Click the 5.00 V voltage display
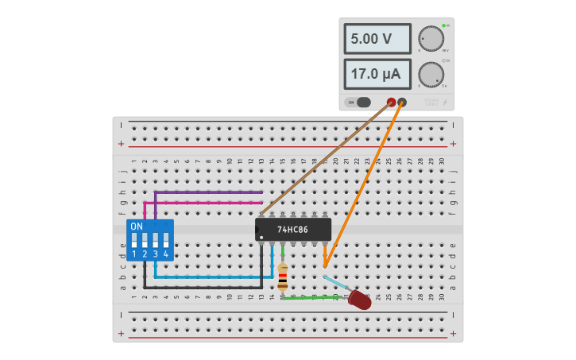[377, 39]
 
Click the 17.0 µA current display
[377, 74]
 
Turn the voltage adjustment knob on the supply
[431, 38]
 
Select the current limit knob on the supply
[431, 75]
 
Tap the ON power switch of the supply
[359, 102]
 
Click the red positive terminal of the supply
[391, 103]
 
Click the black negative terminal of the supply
[402, 103]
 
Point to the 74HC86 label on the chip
[292, 230]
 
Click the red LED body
[360, 300]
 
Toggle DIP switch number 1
[134, 239]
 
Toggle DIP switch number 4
[165, 239]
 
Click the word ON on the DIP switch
[137, 226]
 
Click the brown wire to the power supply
[326, 158]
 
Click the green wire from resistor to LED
[314, 298]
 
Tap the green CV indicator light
[443, 25]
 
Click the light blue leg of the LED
[336, 283]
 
